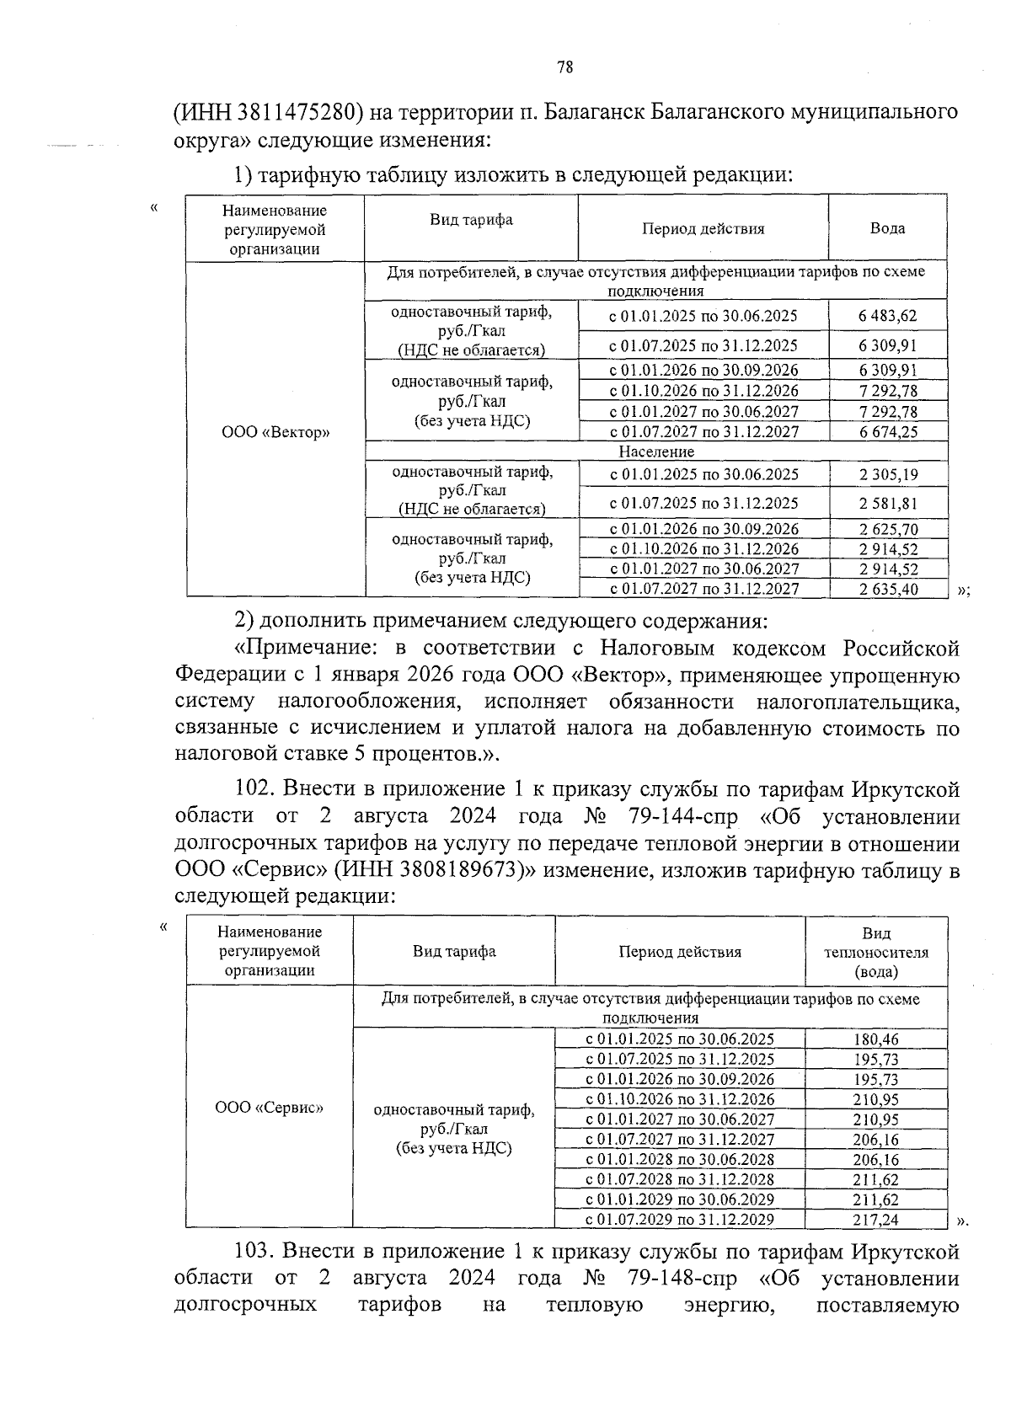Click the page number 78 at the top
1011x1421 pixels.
[x=565, y=68]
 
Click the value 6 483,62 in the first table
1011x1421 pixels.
[x=887, y=316]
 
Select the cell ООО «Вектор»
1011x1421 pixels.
[x=275, y=433]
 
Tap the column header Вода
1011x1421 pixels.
[x=887, y=228]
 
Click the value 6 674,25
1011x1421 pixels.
[x=887, y=432]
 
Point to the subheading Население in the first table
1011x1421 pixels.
[x=655, y=452]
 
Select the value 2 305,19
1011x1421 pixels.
[x=888, y=475]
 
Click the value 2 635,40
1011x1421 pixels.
[x=888, y=590]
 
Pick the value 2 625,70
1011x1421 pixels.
[x=888, y=530]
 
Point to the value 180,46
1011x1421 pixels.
[x=876, y=1040]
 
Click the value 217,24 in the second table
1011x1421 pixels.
[x=876, y=1220]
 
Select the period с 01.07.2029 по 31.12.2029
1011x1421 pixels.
[x=680, y=1220]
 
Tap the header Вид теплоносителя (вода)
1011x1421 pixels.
[x=876, y=953]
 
